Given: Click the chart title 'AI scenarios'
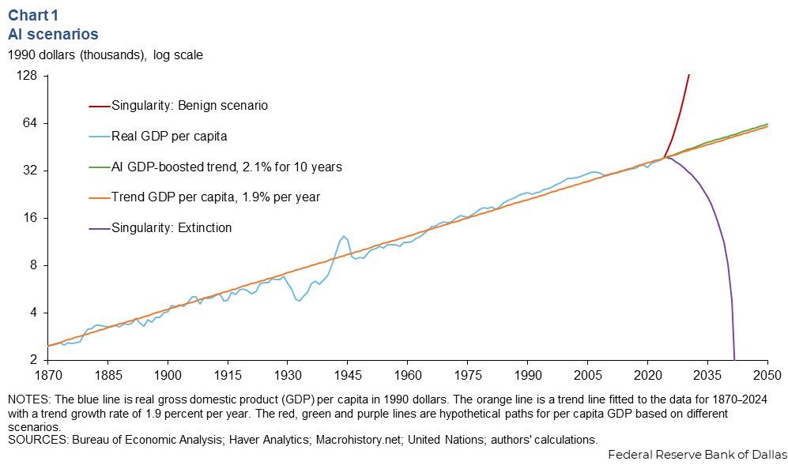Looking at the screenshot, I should (x=53, y=34).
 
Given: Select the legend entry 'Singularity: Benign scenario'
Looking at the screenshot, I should (x=190, y=105).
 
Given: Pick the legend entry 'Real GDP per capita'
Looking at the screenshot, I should (x=169, y=136).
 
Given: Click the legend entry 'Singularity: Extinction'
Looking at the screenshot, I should (x=172, y=228).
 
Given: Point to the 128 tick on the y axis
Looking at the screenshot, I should (x=28, y=77).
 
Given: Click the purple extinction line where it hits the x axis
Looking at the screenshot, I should (x=734, y=359).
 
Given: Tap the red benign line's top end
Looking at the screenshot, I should (x=689, y=75).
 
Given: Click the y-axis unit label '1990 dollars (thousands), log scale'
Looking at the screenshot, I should (x=105, y=55).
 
